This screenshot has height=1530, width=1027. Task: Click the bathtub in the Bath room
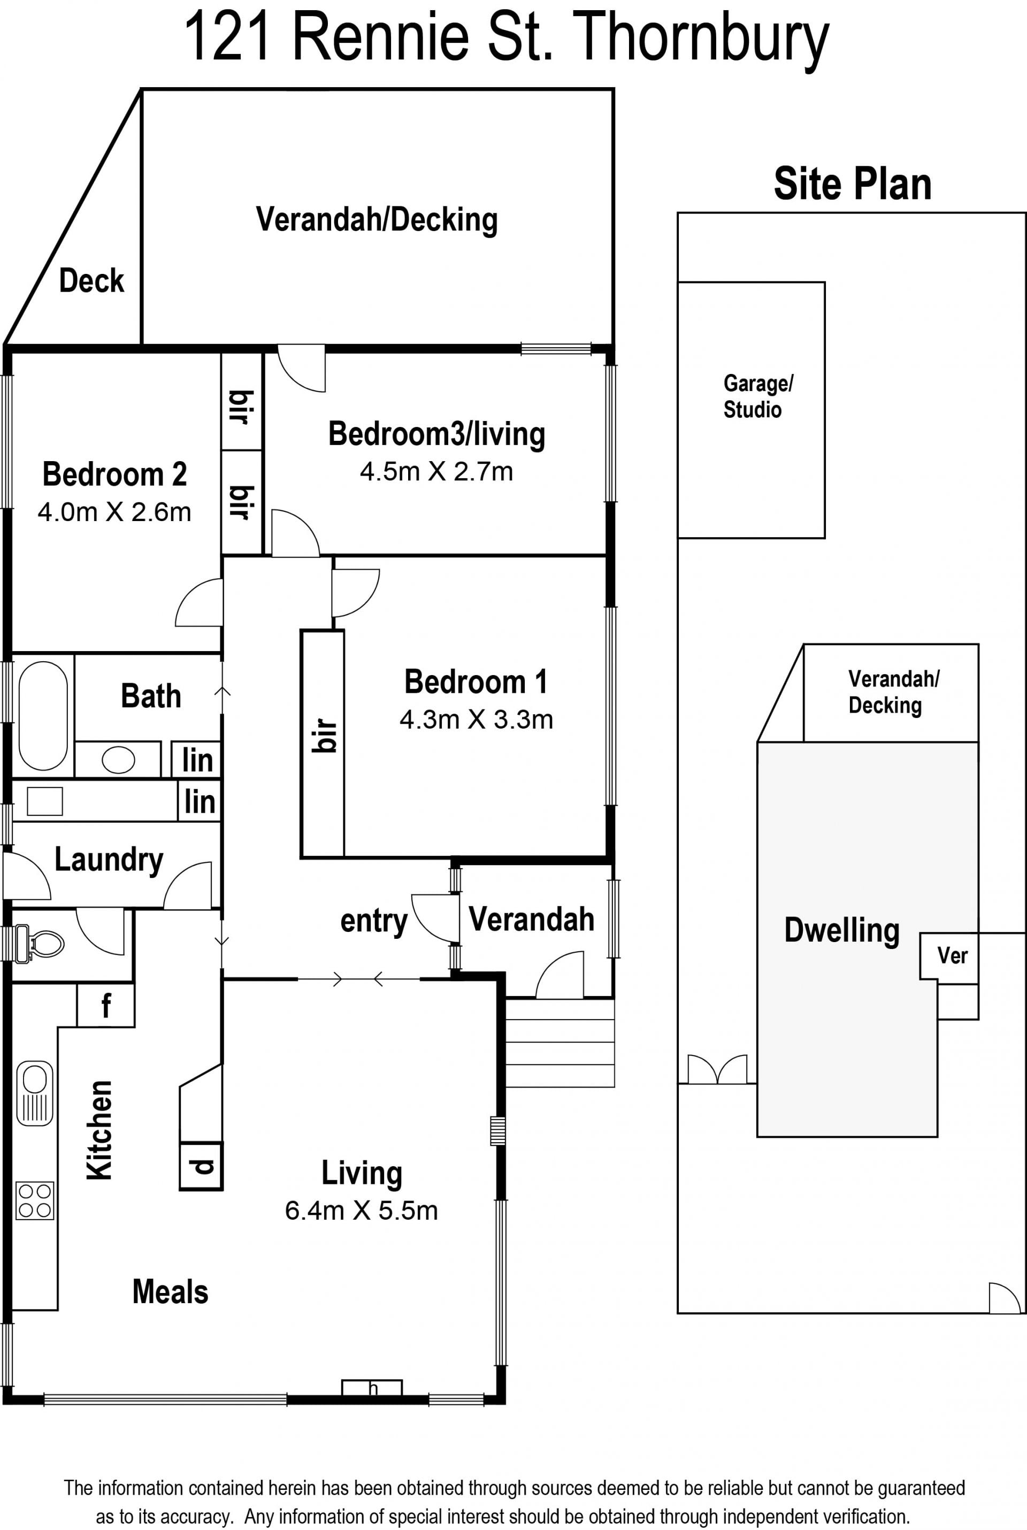click(43, 715)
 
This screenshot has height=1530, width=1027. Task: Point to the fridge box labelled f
click(106, 1005)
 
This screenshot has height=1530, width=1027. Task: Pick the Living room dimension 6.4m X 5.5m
click(362, 1211)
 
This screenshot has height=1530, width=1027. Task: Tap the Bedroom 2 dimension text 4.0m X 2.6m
click(114, 512)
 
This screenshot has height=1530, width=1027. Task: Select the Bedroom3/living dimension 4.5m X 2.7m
click(436, 472)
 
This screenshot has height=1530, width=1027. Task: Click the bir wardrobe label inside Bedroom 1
click(324, 736)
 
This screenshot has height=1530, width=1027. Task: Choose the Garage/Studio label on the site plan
click(758, 396)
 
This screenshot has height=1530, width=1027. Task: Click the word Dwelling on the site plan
click(841, 931)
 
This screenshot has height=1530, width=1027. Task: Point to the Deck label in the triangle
click(91, 281)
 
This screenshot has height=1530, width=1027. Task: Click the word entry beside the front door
click(374, 922)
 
